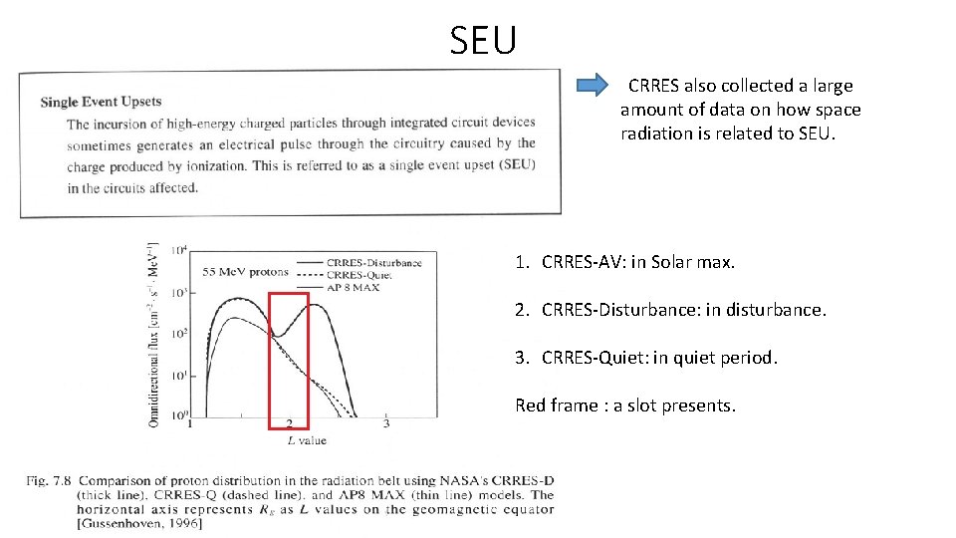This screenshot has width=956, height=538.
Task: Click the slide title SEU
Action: click(x=483, y=41)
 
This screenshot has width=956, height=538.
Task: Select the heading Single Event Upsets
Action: click(x=101, y=102)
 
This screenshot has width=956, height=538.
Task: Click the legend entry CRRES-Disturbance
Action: click(x=373, y=263)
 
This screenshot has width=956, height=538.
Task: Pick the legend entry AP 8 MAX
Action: click(x=354, y=287)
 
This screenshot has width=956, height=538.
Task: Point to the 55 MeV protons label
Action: click(x=245, y=271)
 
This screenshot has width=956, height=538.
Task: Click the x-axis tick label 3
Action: click(x=386, y=424)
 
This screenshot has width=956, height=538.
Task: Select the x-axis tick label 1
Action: click(x=190, y=424)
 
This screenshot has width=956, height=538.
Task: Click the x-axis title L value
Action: click(x=306, y=439)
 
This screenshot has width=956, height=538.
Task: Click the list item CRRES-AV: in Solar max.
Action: click(x=625, y=263)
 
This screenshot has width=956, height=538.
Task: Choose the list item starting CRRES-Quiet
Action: click(x=646, y=357)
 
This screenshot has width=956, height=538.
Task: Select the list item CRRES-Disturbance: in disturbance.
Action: click(x=670, y=310)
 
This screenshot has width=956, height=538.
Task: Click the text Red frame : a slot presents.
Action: click(x=625, y=404)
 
